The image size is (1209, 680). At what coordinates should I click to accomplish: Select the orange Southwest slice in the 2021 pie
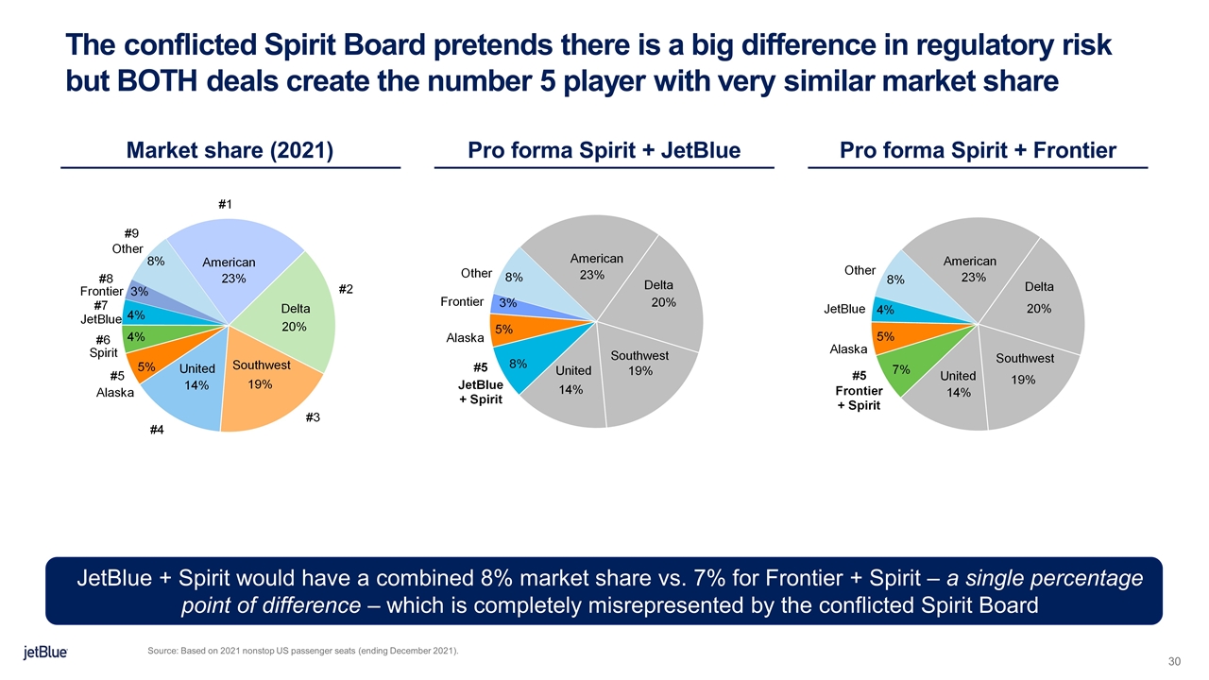(x=264, y=387)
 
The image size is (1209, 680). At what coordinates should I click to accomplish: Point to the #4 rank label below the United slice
(x=157, y=432)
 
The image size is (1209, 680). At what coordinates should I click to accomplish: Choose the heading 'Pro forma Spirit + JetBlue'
(x=604, y=150)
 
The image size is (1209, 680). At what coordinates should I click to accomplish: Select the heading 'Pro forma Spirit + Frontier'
(x=978, y=150)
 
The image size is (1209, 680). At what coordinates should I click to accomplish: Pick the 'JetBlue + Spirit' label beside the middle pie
(x=481, y=392)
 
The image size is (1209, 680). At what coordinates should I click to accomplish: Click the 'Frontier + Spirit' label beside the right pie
(x=859, y=398)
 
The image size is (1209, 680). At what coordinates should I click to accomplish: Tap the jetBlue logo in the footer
(x=45, y=653)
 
